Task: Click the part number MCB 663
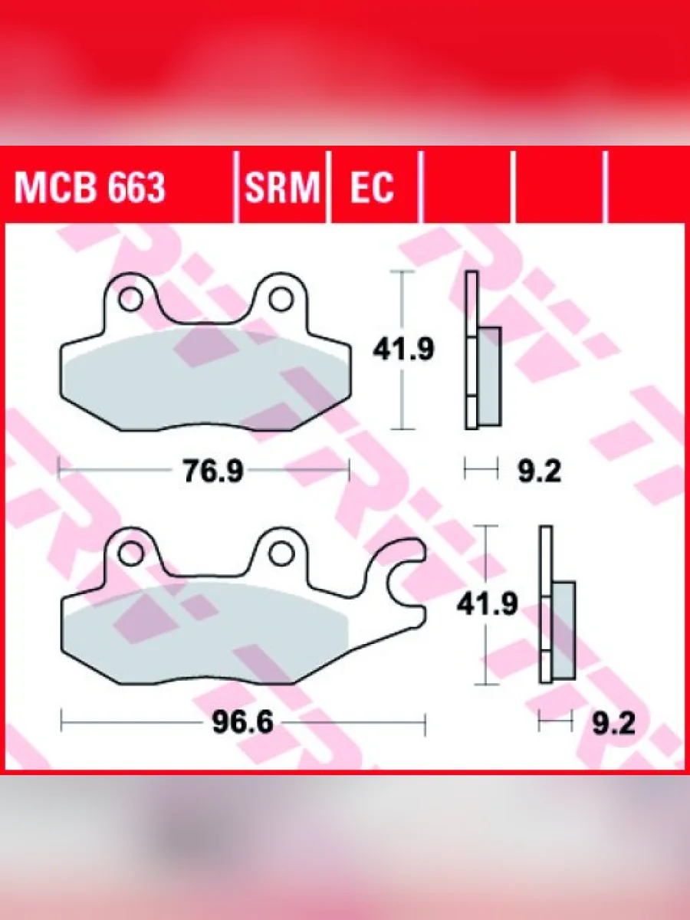pyautogui.click(x=90, y=188)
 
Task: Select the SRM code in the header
pyautogui.click(x=282, y=188)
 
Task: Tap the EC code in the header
pyautogui.click(x=372, y=188)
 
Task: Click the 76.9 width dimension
pyautogui.click(x=213, y=472)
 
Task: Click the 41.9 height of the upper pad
pyautogui.click(x=403, y=350)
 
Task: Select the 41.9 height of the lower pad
pyautogui.click(x=488, y=605)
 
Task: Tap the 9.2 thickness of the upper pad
pyautogui.click(x=539, y=472)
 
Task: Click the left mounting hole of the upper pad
pyautogui.click(x=130, y=299)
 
